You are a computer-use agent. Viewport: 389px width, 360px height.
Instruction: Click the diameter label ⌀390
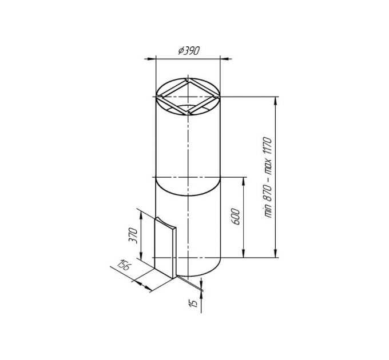pos(189,51)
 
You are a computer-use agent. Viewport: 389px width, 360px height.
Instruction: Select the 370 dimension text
pos(133,235)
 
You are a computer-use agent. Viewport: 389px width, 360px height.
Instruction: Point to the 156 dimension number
pos(124,265)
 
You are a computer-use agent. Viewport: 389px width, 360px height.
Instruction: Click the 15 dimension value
pos(193,303)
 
